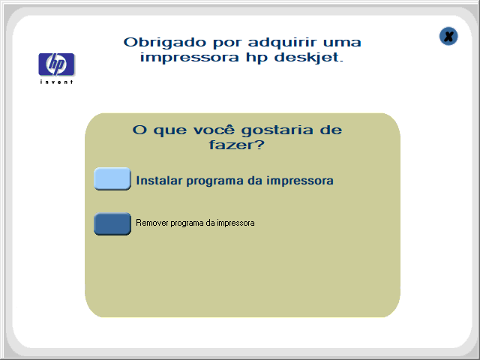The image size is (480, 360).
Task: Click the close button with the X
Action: click(x=448, y=37)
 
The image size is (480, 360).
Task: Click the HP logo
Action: click(x=57, y=64)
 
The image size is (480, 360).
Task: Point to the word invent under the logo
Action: click(x=57, y=82)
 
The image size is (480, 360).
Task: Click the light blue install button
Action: click(x=112, y=178)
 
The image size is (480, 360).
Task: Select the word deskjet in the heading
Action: click(x=308, y=58)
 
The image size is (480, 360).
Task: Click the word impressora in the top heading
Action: click(x=189, y=58)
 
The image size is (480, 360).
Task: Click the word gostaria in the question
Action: click(x=277, y=130)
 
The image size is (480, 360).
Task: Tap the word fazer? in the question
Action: click(x=237, y=145)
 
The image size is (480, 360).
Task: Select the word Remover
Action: click(x=152, y=223)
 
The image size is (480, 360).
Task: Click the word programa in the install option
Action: click(x=215, y=181)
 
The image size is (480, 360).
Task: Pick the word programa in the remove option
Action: click(x=187, y=223)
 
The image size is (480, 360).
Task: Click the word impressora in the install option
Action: click(x=300, y=181)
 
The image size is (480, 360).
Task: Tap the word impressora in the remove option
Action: click(x=235, y=223)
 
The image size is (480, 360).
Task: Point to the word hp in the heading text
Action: click(x=256, y=58)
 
